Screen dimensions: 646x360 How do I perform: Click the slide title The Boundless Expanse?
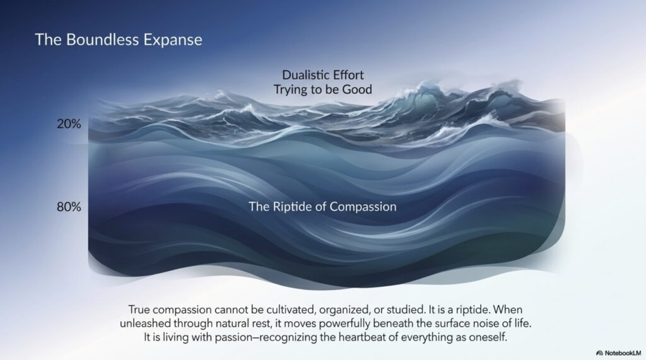pos(119,40)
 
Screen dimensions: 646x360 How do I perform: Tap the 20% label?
pos(69,124)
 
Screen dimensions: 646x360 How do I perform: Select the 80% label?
pos(69,207)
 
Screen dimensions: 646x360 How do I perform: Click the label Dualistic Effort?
pos(323,75)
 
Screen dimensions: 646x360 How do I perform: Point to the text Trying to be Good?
pos(323,90)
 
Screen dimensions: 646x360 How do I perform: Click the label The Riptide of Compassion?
pos(322,207)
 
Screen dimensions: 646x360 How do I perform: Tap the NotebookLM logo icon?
pos(599,353)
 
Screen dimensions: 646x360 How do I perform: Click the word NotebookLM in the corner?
pos(623,353)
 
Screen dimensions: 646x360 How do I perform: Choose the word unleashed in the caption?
pos(146,323)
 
